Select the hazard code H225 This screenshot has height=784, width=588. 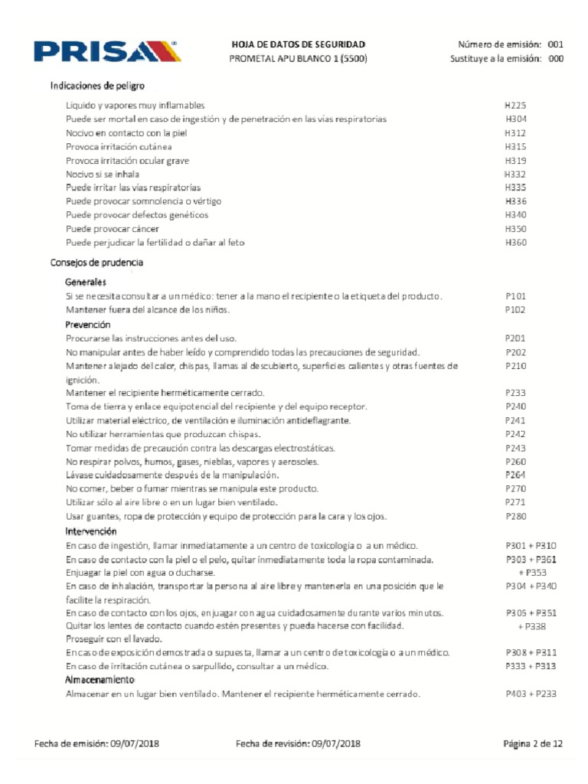[x=515, y=106]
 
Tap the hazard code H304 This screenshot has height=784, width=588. [x=515, y=119]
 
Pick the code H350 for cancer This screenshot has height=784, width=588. [x=515, y=229]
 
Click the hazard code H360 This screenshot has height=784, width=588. [x=515, y=243]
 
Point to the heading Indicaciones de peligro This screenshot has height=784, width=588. [x=98, y=85]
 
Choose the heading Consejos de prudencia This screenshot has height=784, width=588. [x=97, y=263]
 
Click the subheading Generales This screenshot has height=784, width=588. [x=86, y=283]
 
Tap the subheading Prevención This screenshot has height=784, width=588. [x=88, y=325]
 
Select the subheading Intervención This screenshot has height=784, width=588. [x=91, y=531]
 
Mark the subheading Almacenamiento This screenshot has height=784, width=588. [x=100, y=680]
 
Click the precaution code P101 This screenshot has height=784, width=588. [x=515, y=296]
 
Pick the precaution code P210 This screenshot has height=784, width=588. [x=515, y=366]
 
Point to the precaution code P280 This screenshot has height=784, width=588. [x=515, y=517]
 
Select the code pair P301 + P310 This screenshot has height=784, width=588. [x=531, y=545]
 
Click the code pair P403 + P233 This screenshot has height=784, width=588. [x=531, y=694]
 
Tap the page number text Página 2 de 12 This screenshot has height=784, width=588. [x=532, y=743]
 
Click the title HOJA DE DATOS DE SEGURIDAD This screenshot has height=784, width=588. [x=299, y=45]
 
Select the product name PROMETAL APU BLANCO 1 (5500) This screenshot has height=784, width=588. [x=299, y=59]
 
